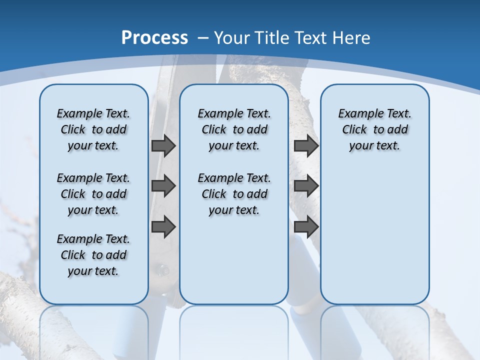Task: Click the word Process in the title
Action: pyautogui.click(x=154, y=37)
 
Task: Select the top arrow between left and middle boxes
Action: pyautogui.click(x=163, y=145)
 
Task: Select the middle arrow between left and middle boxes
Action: pyautogui.click(x=163, y=186)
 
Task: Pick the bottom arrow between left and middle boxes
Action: pyautogui.click(x=163, y=226)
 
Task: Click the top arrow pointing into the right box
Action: pyautogui.click(x=306, y=145)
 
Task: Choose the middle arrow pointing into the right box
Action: pyautogui.click(x=306, y=186)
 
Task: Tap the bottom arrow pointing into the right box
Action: pyautogui.click(x=306, y=226)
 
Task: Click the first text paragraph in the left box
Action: pyautogui.click(x=93, y=129)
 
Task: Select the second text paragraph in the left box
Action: pyautogui.click(x=93, y=194)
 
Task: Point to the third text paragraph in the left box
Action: pyautogui.click(x=93, y=255)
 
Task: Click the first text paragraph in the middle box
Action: pyautogui.click(x=234, y=129)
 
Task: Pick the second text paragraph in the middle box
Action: pyautogui.click(x=234, y=194)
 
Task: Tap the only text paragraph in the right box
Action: pyautogui.click(x=374, y=129)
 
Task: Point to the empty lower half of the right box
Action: pyautogui.click(x=374, y=240)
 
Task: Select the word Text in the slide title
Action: pyautogui.click(x=313, y=37)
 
